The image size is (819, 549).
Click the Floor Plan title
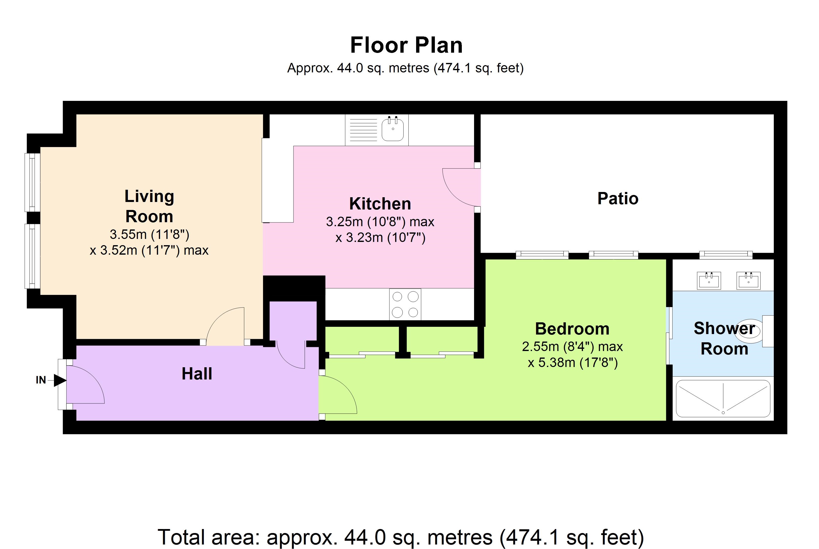(x=406, y=45)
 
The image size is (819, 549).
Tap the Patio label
(x=618, y=198)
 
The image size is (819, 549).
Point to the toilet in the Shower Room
(x=750, y=331)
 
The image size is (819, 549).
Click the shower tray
(x=723, y=398)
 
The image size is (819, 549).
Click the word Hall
(x=197, y=373)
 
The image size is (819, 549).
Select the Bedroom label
(x=572, y=329)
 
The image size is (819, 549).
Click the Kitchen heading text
(x=380, y=204)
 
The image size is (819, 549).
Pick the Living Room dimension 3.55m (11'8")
(x=150, y=234)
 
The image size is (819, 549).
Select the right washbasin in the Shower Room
(x=749, y=280)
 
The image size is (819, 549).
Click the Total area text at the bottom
(x=401, y=538)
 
